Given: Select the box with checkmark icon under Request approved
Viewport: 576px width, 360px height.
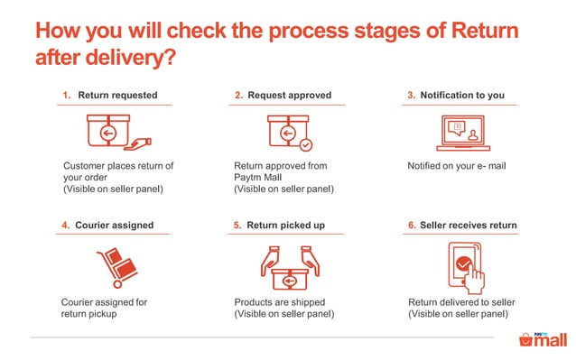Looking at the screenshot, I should (289, 132).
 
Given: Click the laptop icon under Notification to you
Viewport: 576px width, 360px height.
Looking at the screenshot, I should (462, 132).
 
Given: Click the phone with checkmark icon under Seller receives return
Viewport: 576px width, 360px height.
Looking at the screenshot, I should (465, 264).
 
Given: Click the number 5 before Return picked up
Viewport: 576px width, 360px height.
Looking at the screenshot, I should (237, 225).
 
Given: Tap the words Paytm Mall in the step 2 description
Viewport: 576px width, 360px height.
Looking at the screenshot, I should (259, 177).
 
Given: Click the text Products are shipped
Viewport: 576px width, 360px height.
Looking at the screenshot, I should (279, 301).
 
